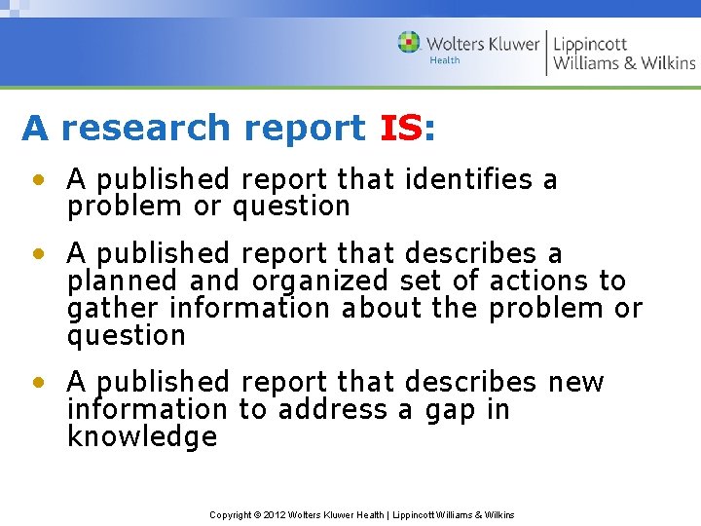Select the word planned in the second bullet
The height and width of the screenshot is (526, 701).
click(123, 282)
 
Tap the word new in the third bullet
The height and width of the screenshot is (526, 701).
click(576, 382)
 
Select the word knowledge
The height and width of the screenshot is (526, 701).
click(142, 436)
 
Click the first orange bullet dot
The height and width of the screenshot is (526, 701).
click(37, 180)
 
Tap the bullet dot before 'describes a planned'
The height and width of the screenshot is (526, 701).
click(37, 254)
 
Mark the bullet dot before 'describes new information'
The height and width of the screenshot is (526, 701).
click(37, 383)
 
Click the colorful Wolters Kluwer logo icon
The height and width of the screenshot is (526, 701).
click(409, 42)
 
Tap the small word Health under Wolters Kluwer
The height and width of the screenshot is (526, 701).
click(444, 60)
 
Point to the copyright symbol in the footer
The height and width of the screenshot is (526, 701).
click(256, 514)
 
